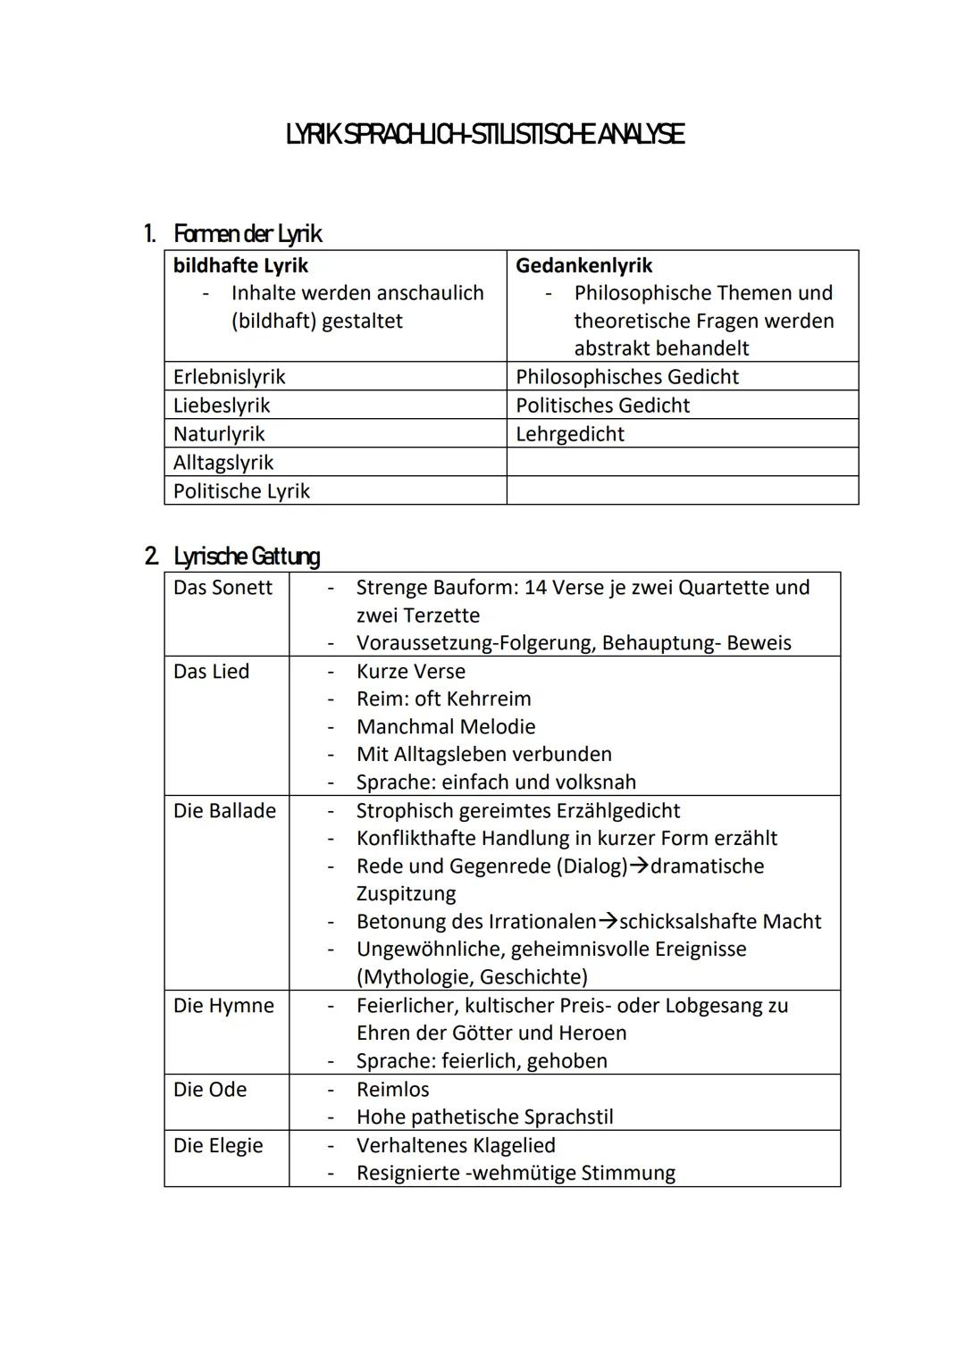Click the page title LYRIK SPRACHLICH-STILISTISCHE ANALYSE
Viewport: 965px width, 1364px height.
click(485, 135)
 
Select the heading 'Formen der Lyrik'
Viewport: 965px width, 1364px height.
click(247, 234)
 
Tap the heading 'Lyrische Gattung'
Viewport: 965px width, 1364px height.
click(246, 556)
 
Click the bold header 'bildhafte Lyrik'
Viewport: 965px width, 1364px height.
click(240, 265)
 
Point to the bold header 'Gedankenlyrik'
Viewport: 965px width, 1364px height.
click(583, 265)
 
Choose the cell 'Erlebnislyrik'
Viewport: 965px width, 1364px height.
click(229, 377)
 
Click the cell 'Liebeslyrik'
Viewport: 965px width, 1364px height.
click(221, 406)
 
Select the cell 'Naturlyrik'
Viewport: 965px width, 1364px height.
click(219, 434)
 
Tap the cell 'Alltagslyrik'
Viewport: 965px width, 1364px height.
click(223, 463)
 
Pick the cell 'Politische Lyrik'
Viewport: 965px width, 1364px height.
click(241, 491)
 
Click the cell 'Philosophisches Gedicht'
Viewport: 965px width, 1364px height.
click(626, 377)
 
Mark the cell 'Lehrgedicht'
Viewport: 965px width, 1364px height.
click(569, 434)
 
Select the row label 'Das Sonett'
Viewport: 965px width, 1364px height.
click(222, 588)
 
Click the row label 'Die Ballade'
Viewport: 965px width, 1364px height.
click(224, 811)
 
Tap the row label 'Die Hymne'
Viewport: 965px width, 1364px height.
click(223, 1006)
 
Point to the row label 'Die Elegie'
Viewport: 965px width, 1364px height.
click(218, 1146)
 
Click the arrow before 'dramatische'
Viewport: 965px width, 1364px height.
click(640, 866)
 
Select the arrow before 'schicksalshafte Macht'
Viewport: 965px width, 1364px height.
click(608, 922)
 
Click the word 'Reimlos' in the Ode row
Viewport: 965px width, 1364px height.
click(392, 1090)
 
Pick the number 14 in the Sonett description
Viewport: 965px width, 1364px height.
click(535, 588)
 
